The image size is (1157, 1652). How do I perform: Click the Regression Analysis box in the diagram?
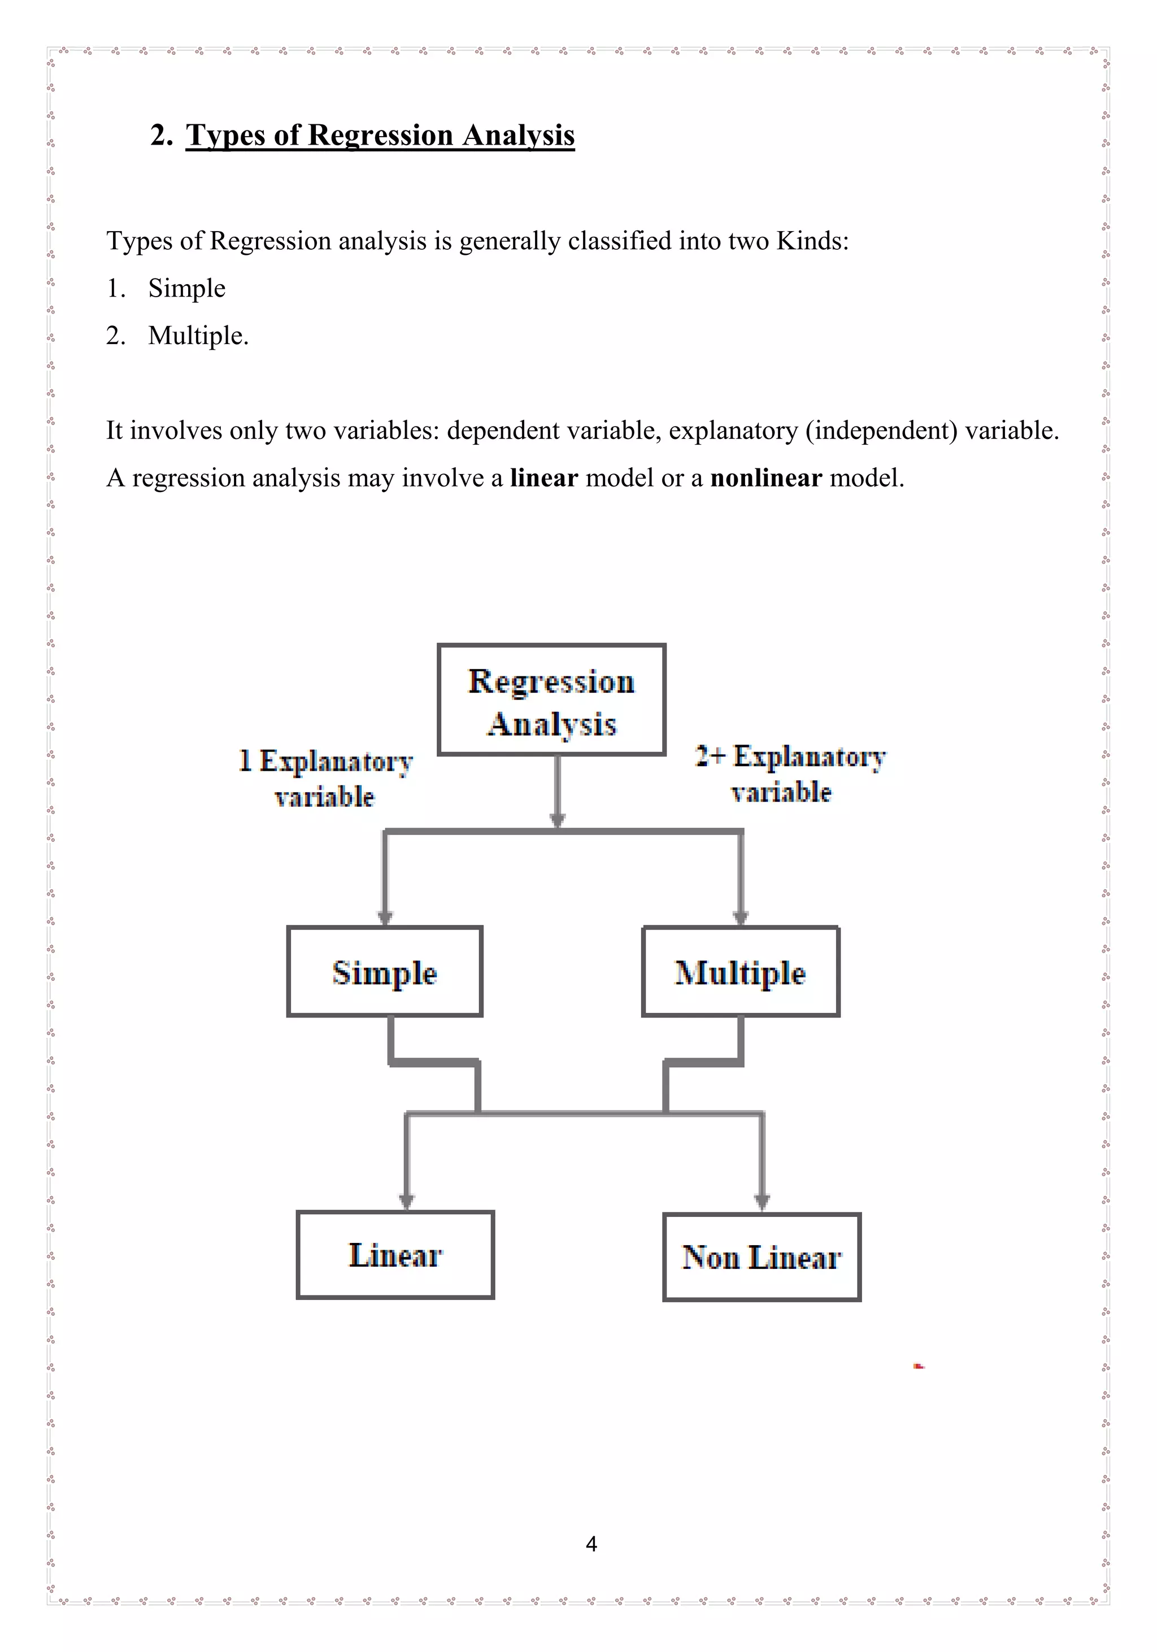click(x=551, y=699)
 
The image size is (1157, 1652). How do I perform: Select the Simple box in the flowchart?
click(x=384, y=971)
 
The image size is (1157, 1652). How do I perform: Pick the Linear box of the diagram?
click(x=395, y=1255)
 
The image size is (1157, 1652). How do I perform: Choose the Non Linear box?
click(x=762, y=1257)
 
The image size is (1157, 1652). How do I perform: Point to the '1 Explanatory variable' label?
click(x=325, y=779)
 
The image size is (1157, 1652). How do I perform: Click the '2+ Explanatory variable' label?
click(x=789, y=774)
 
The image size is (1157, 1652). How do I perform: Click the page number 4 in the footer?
click(x=591, y=1544)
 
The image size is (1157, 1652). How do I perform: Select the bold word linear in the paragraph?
click(x=543, y=478)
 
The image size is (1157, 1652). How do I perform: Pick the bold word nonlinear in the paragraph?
click(x=765, y=478)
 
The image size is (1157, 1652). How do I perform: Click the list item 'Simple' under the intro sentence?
click(x=186, y=288)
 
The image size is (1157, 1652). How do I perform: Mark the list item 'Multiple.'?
click(x=198, y=335)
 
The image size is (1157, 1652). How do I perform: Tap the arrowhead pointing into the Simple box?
click(x=385, y=918)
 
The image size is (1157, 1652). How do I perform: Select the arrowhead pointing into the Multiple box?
click(x=741, y=918)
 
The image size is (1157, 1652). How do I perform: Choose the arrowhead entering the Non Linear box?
click(x=762, y=1202)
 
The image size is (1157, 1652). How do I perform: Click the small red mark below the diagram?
click(x=919, y=1366)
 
